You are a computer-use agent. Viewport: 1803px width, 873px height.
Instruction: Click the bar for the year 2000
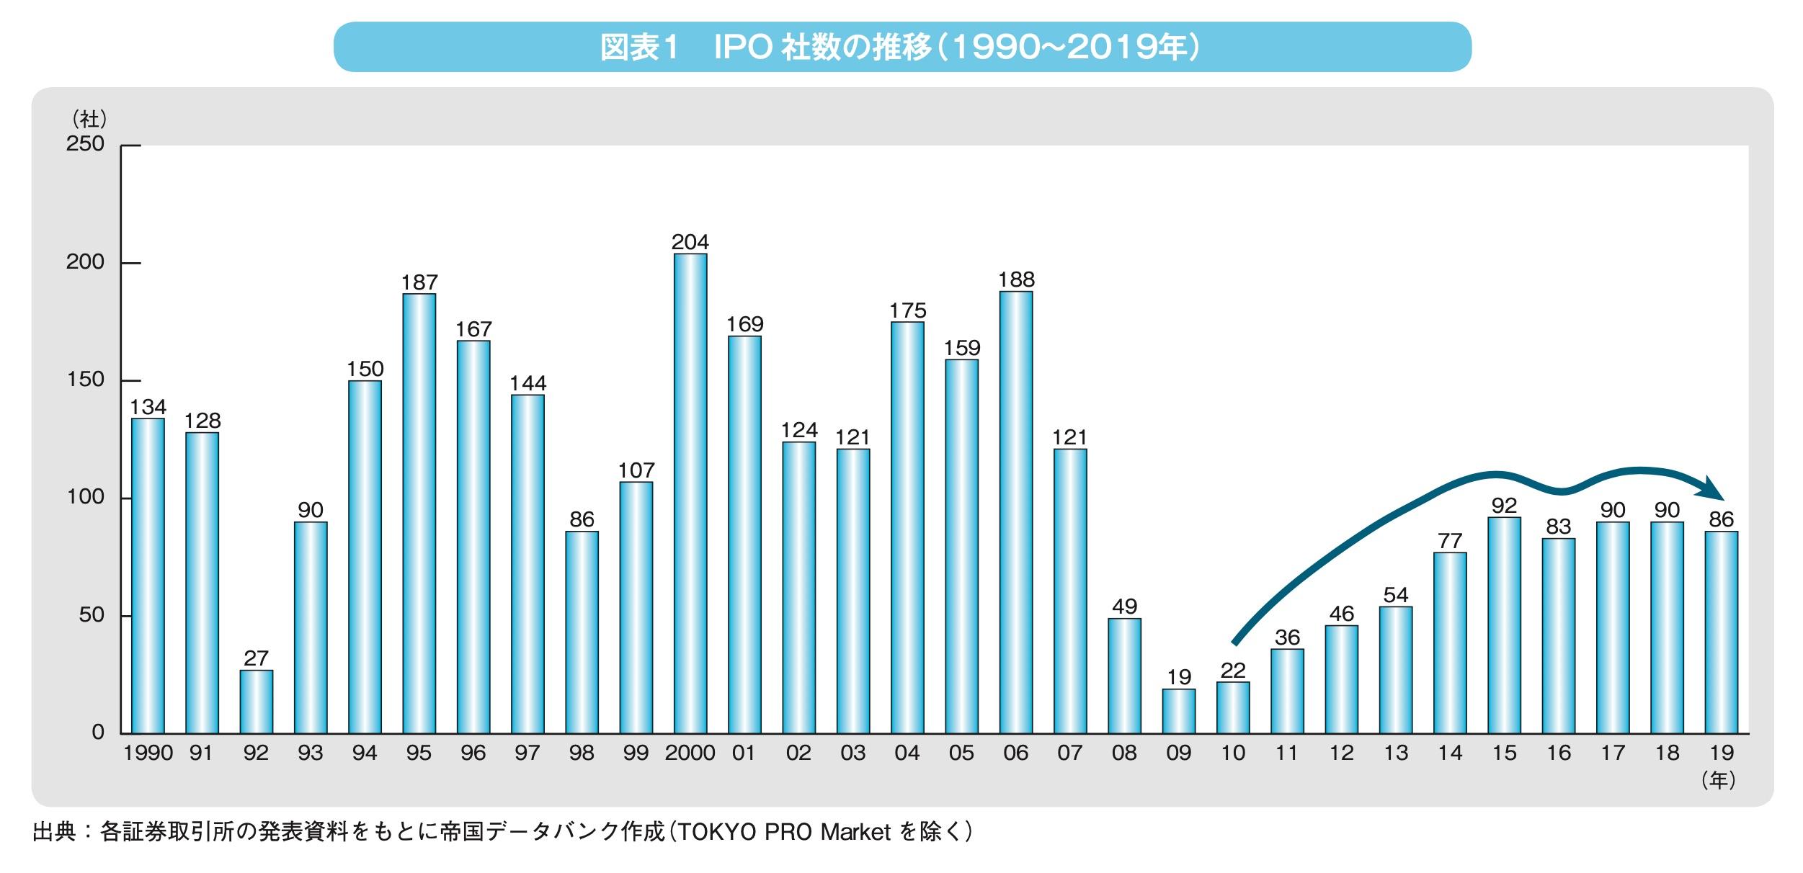[690, 493]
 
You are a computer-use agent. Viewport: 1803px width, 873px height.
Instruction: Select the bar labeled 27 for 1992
[256, 702]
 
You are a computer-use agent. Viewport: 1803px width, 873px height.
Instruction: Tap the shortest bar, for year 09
[1178, 711]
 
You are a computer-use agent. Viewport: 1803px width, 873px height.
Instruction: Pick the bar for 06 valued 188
[1015, 512]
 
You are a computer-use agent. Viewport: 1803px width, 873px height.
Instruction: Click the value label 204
[690, 242]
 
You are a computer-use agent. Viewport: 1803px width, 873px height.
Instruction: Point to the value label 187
[419, 282]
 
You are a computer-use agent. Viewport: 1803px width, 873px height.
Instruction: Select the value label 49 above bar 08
[1124, 606]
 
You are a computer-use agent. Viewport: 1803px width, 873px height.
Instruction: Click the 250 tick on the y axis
[85, 144]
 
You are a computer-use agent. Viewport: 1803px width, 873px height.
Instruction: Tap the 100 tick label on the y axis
[85, 497]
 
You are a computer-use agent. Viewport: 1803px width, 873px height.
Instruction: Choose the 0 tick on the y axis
[98, 733]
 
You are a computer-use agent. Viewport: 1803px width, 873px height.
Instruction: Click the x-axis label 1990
[148, 753]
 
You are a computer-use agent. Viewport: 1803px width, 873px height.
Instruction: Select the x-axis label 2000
[690, 753]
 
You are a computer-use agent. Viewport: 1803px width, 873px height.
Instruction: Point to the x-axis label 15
[1504, 753]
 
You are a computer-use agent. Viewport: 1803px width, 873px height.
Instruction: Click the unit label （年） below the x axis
[1719, 781]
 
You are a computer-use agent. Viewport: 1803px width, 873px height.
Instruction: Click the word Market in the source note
[855, 833]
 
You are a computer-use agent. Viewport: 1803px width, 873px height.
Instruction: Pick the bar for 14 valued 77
[1450, 643]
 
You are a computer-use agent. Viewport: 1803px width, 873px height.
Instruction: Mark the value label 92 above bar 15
[1504, 506]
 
